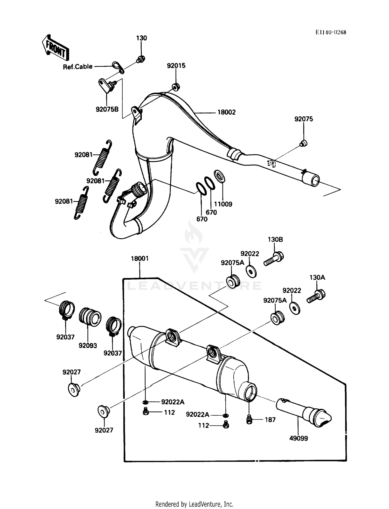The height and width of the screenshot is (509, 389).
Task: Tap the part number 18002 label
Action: click(x=226, y=112)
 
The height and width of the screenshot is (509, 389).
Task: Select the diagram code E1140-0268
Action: click(x=331, y=32)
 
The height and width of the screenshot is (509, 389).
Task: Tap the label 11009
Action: click(x=223, y=204)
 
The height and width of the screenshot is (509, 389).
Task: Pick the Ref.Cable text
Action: click(x=78, y=67)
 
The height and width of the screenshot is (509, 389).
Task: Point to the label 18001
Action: click(x=140, y=259)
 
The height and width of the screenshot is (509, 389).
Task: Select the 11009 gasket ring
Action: click(x=219, y=177)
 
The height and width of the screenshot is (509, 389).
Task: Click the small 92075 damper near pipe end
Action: click(x=303, y=143)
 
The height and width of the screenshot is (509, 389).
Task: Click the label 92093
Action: click(x=88, y=346)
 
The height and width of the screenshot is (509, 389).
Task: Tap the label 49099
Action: click(x=298, y=438)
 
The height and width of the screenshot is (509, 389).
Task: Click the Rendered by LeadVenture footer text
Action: click(x=194, y=504)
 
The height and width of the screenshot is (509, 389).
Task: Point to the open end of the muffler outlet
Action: click(x=251, y=393)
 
